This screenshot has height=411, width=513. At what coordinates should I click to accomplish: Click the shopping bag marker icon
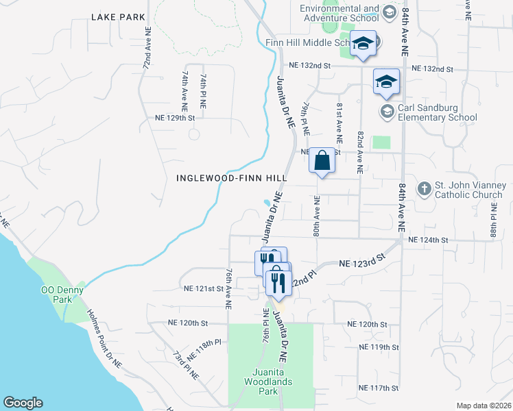click(322, 161)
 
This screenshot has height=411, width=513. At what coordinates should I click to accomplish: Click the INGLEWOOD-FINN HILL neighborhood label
click(231, 177)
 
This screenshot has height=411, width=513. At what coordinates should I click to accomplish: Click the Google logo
click(23, 403)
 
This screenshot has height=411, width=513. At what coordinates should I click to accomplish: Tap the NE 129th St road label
click(176, 118)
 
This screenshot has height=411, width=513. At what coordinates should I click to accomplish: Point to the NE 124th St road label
click(427, 240)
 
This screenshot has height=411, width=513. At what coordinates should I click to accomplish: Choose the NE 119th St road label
click(379, 347)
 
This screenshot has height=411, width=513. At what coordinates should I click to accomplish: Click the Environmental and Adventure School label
click(339, 14)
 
